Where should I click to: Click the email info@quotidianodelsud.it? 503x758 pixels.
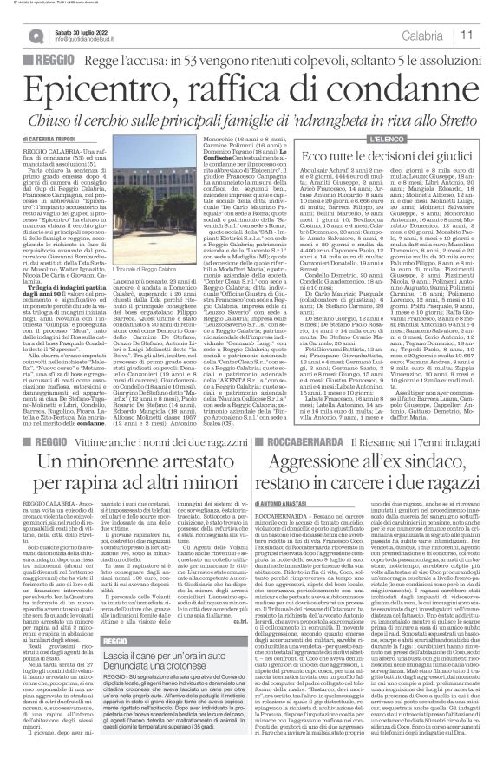tap(93, 40)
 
